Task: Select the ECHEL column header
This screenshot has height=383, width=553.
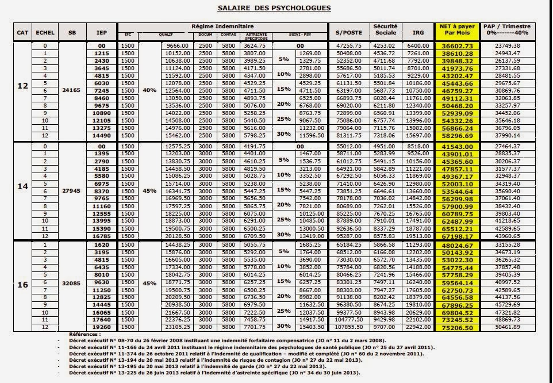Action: coord(45,32)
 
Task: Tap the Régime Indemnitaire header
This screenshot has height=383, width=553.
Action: coord(221,26)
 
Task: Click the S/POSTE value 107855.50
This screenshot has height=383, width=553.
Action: coord(348,327)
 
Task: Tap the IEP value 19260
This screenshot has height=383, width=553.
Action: coord(101,327)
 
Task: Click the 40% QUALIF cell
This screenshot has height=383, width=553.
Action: coord(149,91)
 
